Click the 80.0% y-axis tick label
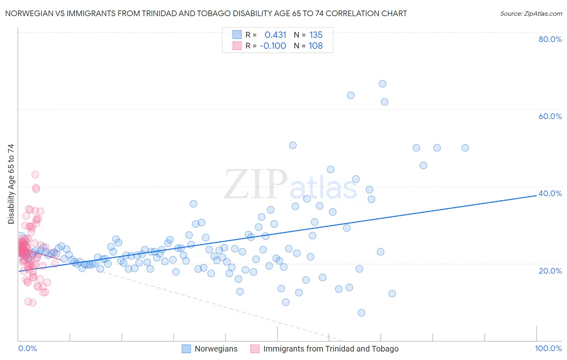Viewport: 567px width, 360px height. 550,39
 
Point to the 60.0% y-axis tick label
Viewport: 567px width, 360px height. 550,116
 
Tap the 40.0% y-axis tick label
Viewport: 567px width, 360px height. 550,193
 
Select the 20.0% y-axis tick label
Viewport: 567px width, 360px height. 550,270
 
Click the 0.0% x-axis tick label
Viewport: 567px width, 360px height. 27,348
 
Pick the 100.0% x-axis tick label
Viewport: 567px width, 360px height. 548,348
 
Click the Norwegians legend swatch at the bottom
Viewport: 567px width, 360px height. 186,349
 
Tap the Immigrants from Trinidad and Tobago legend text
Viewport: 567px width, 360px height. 331,349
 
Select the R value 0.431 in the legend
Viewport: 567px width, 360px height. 275,35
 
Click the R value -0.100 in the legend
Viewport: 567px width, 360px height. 273,46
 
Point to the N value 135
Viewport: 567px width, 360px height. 316,35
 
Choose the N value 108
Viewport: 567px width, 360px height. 316,46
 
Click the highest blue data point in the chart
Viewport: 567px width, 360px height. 382,84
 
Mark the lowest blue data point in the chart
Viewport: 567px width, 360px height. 361,313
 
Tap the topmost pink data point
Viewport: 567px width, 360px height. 35,175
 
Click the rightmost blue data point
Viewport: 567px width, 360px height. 465,148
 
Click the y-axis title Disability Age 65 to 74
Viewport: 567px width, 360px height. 11,184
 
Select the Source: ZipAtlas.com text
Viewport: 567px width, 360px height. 531,14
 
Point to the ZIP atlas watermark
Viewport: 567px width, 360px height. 290,185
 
